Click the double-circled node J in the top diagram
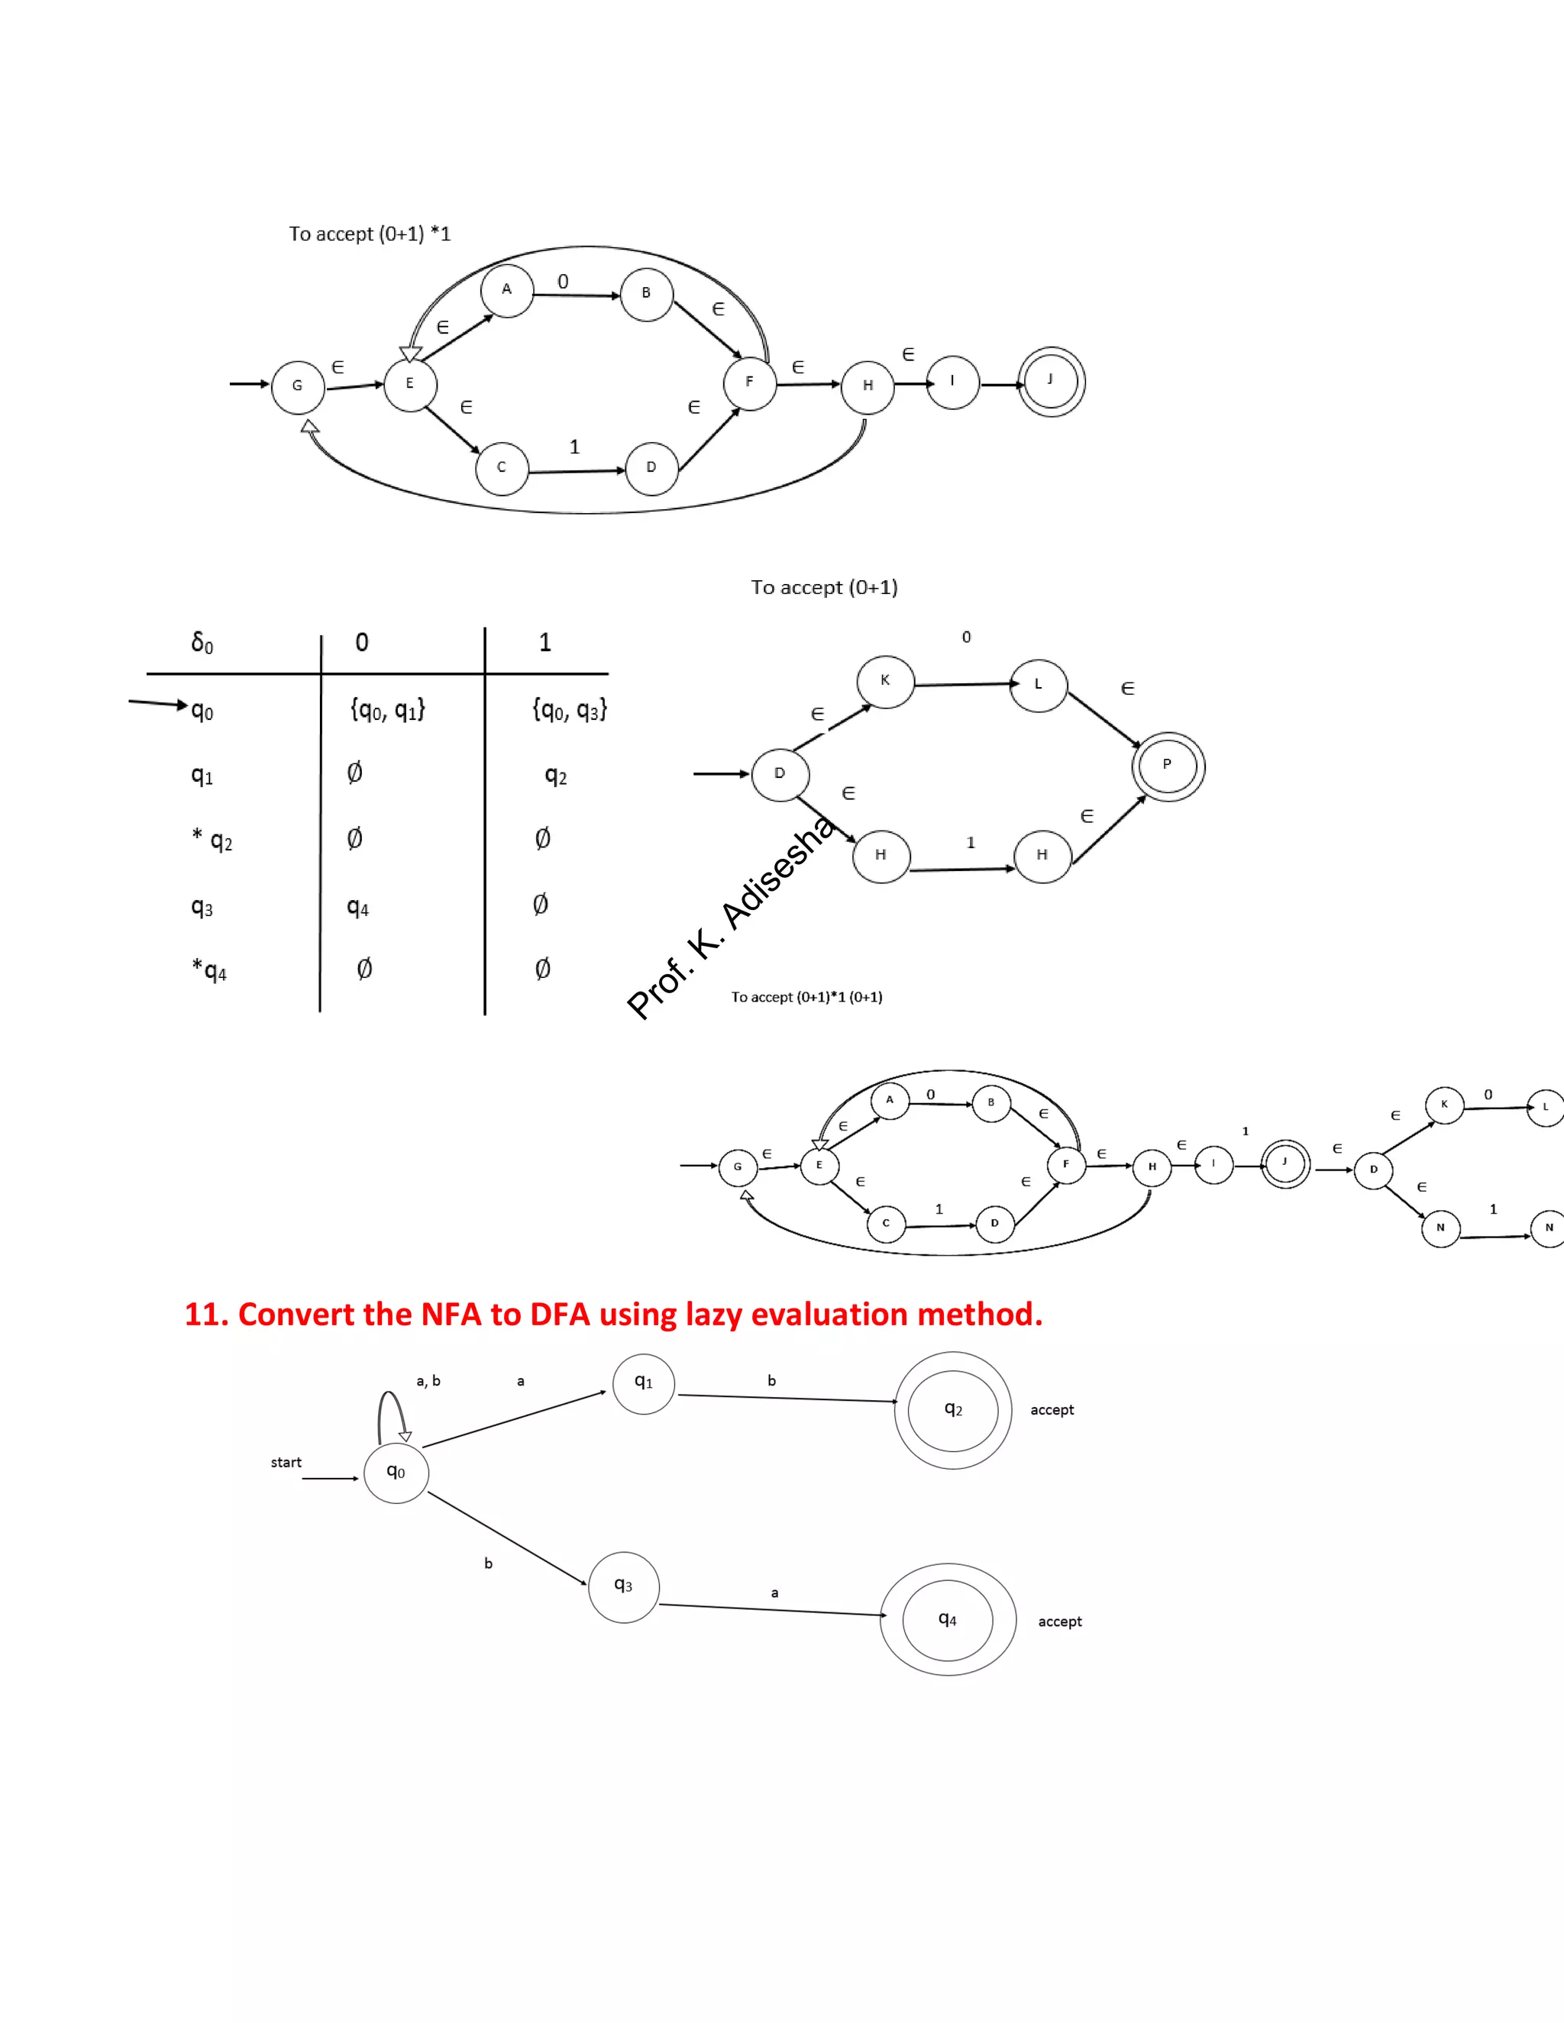tap(1051, 381)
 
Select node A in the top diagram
tap(507, 290)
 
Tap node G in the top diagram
tap(297, 386)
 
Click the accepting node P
tap(1168, 766)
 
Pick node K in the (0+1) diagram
tap(885, 681)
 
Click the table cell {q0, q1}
tap(387, 711)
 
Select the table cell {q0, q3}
tap(569, 711)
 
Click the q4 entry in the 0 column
tap(357, 907)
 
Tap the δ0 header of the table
tap(202, 642)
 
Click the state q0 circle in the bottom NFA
tap(396, 1472)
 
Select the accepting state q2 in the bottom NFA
tap(952, 1410)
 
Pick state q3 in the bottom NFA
tap(624, 1587)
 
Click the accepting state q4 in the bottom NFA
tap(947, 1619)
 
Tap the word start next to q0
tap(286, 1463)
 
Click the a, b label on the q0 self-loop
tap(428, 1381)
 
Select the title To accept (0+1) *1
tap(370, 234)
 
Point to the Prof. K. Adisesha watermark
tap(732, 917)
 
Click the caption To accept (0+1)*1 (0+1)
tap(806, 997)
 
